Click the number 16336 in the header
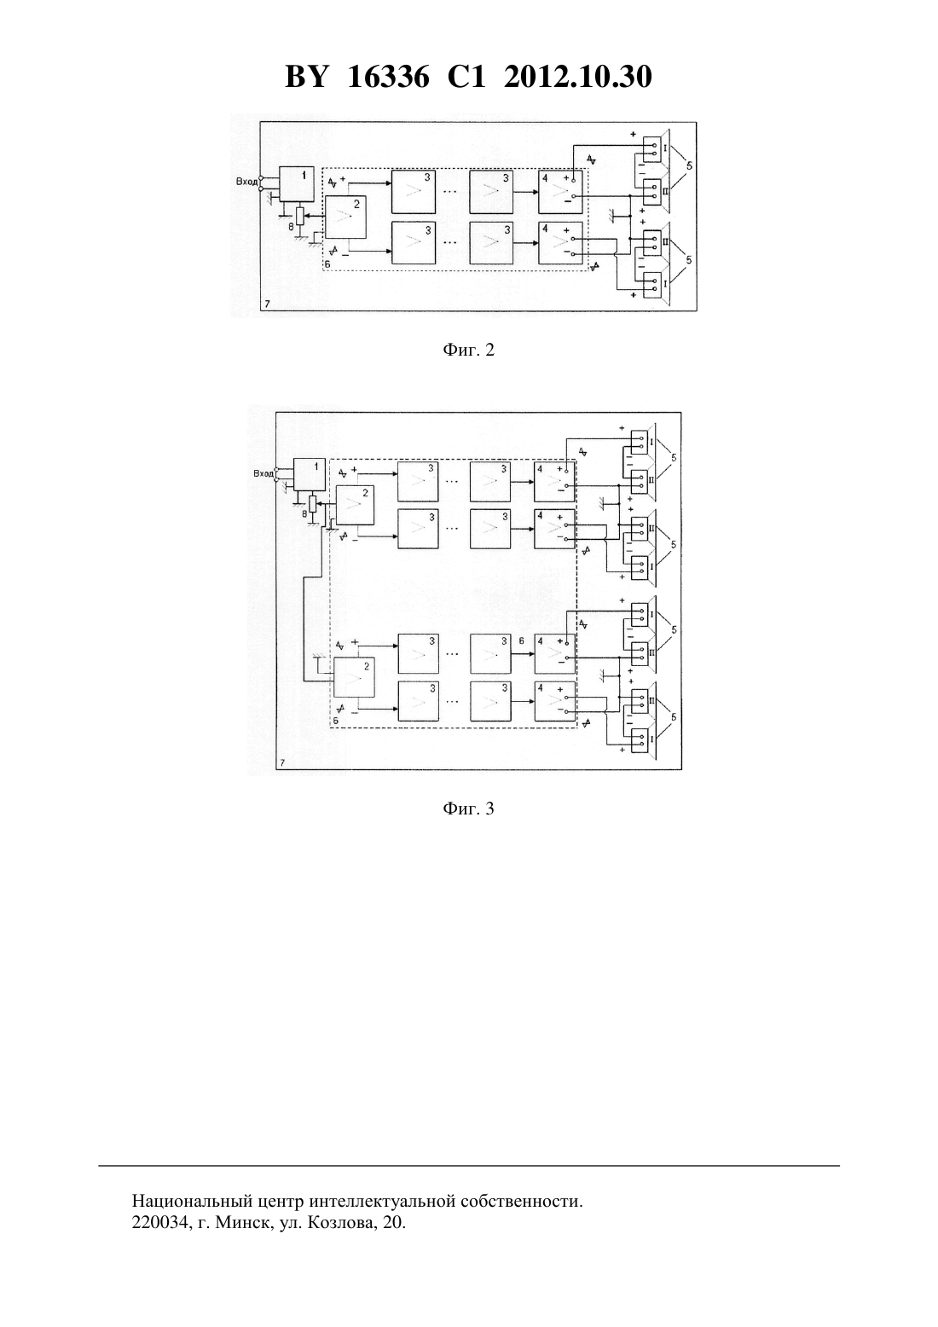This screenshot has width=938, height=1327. point(388,77)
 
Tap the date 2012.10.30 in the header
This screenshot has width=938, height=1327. point(578,77)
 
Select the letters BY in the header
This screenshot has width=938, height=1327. point(306,77)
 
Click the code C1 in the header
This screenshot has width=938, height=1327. point(466,77)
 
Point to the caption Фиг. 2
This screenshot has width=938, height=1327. point(468,351)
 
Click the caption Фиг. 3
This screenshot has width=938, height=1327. point(468,808)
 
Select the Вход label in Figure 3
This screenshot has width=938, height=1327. point(263,473)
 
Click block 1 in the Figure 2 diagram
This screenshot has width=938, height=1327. point(297,185)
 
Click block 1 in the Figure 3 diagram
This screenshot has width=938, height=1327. point(309,474)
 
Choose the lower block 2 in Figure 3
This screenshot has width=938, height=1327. point(354,678)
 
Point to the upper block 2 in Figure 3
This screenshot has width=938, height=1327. point(355,505)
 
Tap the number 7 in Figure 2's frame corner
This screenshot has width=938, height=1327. point(268,304)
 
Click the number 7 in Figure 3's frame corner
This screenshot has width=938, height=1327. point(282,763)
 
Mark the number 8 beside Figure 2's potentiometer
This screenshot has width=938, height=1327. point(291,226)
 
